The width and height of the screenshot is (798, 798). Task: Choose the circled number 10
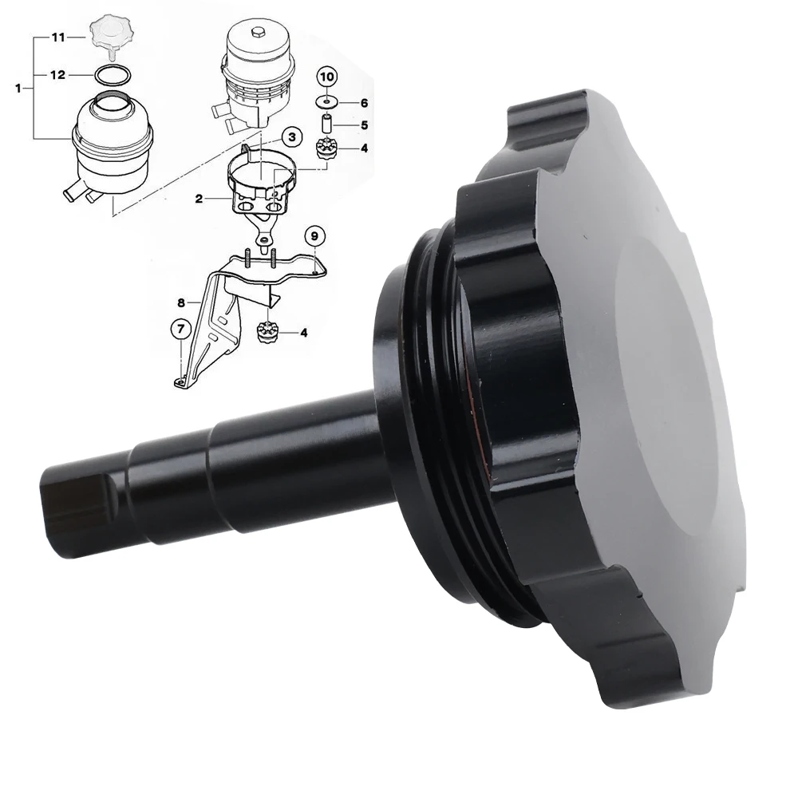[x=327, y=77]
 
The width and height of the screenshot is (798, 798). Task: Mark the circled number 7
[x=180, y=327]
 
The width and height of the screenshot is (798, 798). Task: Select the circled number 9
[x=314, y=235]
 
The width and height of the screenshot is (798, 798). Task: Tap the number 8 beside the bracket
[x=181, y=302]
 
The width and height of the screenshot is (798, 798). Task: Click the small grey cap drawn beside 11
[x=109, y=34]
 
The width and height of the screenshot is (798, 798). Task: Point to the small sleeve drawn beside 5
[x=326, y=125]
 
